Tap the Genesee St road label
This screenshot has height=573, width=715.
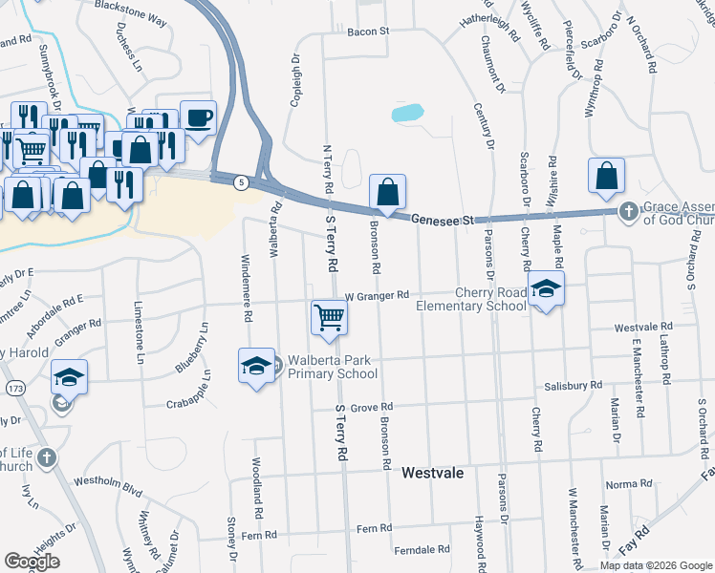pyautogui.click(x=444, y=221)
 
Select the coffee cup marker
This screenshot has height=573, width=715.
pyautogui.click(x=198, y=118)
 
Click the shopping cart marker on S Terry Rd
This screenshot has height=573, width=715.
pyautogui.click(x=329, y=316)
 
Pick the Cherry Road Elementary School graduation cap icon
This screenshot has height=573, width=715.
pyautogui.click(x=546, y=288)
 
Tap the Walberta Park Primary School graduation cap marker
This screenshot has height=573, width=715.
pyautogui.click(x=256, y=366)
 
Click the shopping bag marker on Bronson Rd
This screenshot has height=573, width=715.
pyautogui.click(x=387, y=192)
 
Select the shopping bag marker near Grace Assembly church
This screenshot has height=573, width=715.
pyautogui.click(x=607, y=176)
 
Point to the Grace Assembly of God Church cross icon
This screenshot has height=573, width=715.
pyautogui.click(x=629, y=210)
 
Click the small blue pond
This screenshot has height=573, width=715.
pyautogui.click(x=407, y=113)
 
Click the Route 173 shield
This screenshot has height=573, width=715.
pyautogui.click(x=14, y=390)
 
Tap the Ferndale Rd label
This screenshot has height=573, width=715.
pyautogui.click(x=422, y=549)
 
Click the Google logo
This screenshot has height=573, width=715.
pyautogui.click(x=32, y=562)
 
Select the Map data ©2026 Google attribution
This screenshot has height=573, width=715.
pyautogui.click(x=656, y=565)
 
